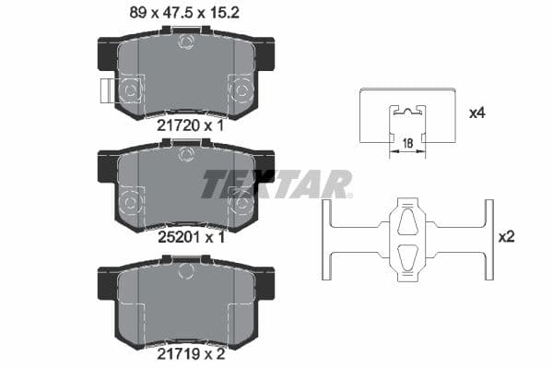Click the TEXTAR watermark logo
point(276,184)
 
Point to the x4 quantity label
point(477,113)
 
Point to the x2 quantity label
point(506,237)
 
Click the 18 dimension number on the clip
point(406,144)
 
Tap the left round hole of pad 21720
point(129,89)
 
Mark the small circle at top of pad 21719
point(185,269)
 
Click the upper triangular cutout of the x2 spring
point(406,221)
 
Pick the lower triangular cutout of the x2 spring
point(406,256)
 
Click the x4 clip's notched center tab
point(406,115)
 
